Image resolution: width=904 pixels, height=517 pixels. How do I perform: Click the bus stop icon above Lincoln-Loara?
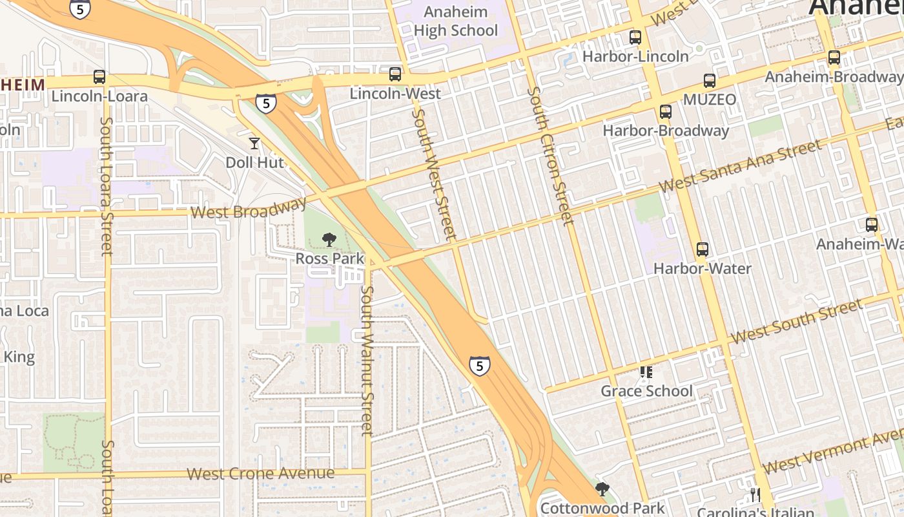coord(99,77)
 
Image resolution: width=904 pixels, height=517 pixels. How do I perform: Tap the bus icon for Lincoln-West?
coord(395,74)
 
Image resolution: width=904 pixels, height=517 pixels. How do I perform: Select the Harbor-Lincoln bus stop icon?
coord(635,37)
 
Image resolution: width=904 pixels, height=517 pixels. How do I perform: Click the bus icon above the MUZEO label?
coord(710,81)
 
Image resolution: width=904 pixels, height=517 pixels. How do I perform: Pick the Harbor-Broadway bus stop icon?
coord(666,112)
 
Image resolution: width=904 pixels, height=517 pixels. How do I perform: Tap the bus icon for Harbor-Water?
coord(703,249)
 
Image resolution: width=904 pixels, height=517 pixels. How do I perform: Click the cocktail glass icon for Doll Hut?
coord(254,143)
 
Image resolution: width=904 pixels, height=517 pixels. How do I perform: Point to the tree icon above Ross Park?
coord(329,240)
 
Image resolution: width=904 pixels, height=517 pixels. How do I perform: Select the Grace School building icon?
coord(646,372)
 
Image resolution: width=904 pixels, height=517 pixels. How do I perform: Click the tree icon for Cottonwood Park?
coord(602,489)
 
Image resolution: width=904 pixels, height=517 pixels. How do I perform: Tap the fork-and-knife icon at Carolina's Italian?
coord(755,495)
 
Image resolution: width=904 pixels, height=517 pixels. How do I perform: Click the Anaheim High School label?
coord(456,21)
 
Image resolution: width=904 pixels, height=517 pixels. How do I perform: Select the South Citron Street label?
coord(550,156)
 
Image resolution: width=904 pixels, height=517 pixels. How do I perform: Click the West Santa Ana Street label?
coord(741,166)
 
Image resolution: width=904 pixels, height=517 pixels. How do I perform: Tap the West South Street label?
coord(796,321)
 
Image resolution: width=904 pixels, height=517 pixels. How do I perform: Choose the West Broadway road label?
coord(249,209)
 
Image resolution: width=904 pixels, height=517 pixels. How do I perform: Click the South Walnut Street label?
coord(367,361)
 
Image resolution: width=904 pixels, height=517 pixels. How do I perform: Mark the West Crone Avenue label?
coord(261,474)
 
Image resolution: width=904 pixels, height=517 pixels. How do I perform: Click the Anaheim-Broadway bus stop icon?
coord(834,58)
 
